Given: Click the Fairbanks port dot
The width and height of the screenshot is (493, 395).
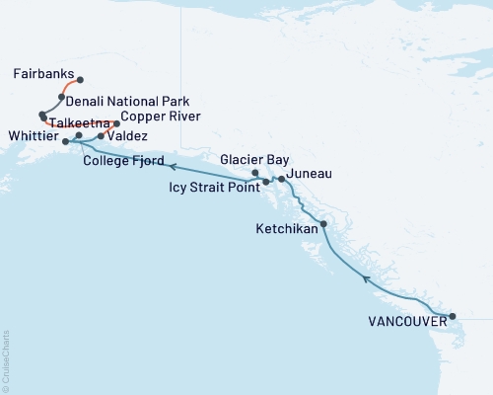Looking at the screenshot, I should click(x=80, y=80).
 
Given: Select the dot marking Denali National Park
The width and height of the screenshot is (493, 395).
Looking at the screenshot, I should click(x=61, y=97).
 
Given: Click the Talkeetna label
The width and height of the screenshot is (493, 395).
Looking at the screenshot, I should click(x=75, y=123).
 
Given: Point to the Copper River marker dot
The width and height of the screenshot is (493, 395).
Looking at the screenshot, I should click(x=117, y=123).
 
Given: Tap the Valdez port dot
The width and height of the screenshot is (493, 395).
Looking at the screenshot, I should click(x=101, y=135).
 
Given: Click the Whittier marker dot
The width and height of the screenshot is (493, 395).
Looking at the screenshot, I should click(x=65, y=142).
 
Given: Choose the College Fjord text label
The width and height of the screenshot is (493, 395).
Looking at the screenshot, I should click(x=122, y=160).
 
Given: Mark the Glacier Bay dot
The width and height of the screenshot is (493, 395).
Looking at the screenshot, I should click(x=255, y=174).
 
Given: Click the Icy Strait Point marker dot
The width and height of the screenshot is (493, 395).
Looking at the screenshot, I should click(x=266, y=183).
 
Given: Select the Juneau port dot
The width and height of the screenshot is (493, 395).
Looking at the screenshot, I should click(x=282, y=179).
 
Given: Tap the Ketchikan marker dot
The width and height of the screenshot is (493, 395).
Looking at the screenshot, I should click(x=323, y=223).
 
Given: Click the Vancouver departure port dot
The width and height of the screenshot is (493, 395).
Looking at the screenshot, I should click(x=453, y=317).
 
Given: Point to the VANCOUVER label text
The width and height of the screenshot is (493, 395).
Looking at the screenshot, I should click(x=400, y=321).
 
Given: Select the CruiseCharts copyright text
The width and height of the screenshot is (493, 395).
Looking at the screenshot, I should click(x=7, y=359).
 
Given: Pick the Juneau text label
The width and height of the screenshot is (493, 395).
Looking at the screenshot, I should click(x=309, y=174).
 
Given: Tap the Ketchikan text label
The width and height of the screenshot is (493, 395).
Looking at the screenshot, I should click(x=291, y=228).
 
